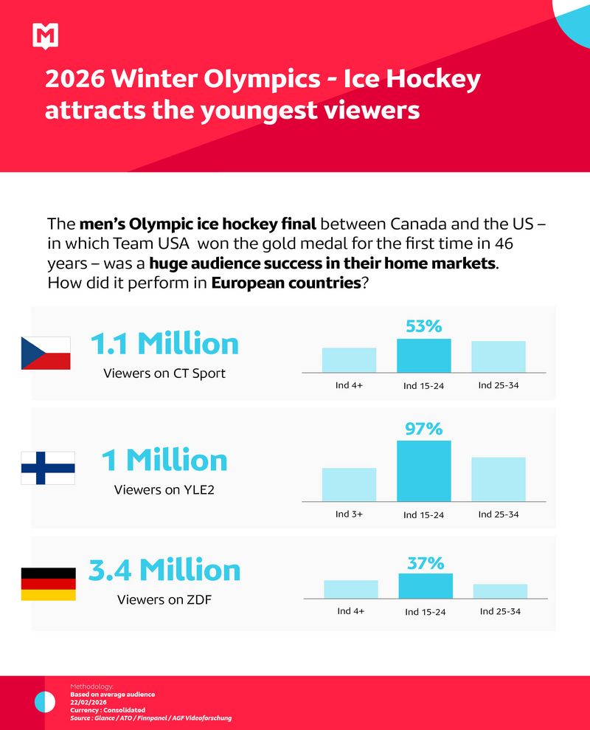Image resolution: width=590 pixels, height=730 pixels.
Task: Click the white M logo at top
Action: tap(46, 35)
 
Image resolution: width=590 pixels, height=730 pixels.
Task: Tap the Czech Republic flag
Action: tap(46, 353)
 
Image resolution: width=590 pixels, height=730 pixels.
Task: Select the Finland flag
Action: tap(47, 468)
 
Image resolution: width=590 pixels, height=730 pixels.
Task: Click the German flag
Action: tap(48, 584)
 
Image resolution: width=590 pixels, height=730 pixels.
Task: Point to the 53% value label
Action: tap(424, 326)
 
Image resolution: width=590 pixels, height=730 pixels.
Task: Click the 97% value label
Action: tap(424, 428)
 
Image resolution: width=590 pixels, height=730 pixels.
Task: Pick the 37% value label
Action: tap(426, 563)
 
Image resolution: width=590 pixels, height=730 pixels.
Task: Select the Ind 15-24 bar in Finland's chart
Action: tap(424, 471)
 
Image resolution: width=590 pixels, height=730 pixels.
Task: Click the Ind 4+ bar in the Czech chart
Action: tap(349, 359)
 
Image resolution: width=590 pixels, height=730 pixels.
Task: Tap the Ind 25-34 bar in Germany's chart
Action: tap(500, 590)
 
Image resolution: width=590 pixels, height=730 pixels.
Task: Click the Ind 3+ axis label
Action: tap(349, 514)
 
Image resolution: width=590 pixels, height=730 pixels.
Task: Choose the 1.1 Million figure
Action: tap(164, 344)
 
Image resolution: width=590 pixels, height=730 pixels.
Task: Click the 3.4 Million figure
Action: tap(164, 570)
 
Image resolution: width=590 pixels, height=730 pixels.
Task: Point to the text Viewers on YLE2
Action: tap(164, 489)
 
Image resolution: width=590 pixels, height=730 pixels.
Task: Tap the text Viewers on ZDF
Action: tap(164, 600)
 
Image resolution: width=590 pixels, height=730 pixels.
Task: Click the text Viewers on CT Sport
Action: tap(164, 373)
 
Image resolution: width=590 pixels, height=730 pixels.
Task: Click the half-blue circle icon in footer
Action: tap(45, 701)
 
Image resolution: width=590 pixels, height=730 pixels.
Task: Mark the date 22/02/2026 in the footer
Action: tap(88, 702)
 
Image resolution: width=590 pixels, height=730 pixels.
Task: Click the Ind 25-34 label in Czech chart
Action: tap(499, 385)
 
